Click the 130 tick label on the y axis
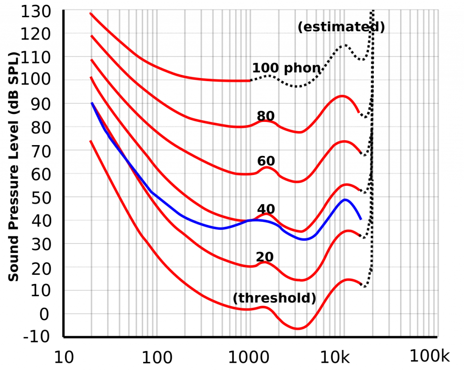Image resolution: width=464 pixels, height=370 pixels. [x=36, y=12]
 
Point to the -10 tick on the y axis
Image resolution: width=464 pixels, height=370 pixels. [x=36, y=336]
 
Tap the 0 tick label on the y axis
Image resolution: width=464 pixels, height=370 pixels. [x=44, y=314]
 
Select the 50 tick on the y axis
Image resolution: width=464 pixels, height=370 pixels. [x=41, y=198]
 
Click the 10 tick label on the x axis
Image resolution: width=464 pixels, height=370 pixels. [x=64, y=357]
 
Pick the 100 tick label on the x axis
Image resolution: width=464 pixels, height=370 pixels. [x=157, y=357]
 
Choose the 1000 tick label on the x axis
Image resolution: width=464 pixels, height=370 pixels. [x=249, y=357]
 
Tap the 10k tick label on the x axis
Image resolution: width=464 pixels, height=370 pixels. [x=335, y=357]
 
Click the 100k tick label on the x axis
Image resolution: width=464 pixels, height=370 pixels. [x=430, y=356]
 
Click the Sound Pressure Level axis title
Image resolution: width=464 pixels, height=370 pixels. [x=13, y=167]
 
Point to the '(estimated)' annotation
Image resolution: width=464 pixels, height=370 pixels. [x=341, y=27]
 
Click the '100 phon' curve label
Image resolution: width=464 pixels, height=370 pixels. [x=286, y=68]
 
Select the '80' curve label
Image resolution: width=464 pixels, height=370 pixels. [x=266, y=116]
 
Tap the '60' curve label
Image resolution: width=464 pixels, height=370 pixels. [x=266, y=161]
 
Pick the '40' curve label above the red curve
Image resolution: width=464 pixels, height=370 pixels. [x=266, y=209]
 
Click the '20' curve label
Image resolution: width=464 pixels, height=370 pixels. [x=265, y=257]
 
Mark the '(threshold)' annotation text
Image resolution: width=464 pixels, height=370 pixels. [x=275, y=298]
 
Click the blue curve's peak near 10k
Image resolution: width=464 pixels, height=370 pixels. [x=345, y=200]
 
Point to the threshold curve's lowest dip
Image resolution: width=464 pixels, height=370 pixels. [x=297, y=328]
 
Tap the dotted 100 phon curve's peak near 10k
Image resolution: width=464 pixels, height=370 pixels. [x=344, y=45]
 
